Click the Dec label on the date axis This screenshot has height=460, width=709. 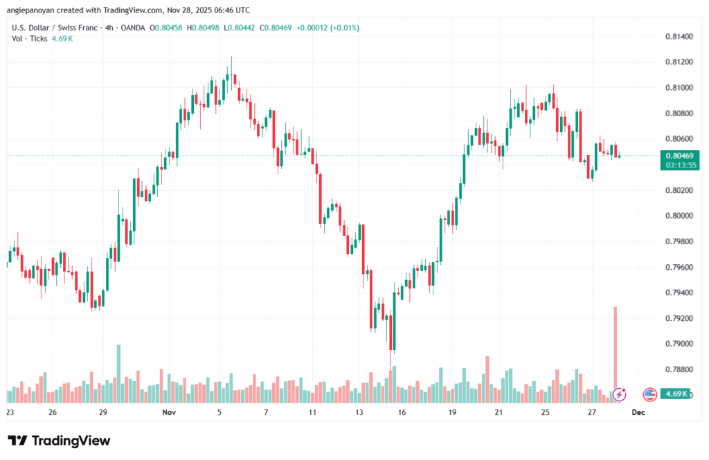point(638,412)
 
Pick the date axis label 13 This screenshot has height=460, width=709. point(359,412)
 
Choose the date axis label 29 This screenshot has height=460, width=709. point(102,412)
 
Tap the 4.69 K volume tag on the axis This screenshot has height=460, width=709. point(674,394)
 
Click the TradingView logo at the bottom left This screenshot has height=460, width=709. point(59,441)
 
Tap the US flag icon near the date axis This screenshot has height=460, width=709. point(649,394)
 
